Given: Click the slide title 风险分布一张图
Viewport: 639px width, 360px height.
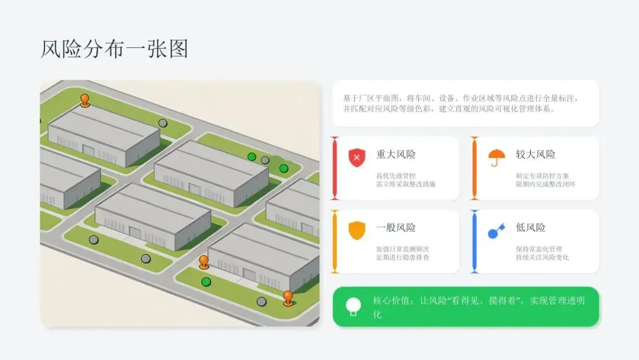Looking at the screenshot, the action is point(114,49).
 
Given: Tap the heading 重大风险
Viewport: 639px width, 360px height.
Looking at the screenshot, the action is point(396,155).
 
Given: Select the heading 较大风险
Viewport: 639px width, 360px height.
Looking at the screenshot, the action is point(535,155).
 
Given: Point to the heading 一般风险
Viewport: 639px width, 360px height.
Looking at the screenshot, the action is point(396,227).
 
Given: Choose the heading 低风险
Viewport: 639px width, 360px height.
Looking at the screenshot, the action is point(531,227).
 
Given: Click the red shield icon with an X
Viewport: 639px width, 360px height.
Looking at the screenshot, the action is point(357,157).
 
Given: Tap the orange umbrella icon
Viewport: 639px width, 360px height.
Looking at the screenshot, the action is point(496,157).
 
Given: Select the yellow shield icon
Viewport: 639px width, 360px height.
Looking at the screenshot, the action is point(357,230).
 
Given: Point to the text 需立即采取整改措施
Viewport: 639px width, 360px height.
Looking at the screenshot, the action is point(405,184).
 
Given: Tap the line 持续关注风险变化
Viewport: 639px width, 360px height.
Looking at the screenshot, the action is point(543,258).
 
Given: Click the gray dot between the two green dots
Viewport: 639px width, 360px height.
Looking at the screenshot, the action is point(265,160).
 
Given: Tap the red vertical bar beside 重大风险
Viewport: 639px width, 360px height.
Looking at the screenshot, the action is point(334,168).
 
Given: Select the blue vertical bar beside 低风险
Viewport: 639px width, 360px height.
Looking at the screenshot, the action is point(474,242).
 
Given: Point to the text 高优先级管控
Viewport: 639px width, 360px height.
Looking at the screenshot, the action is point(396,175).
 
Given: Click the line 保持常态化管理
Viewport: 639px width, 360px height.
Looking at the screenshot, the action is point(538,249).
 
